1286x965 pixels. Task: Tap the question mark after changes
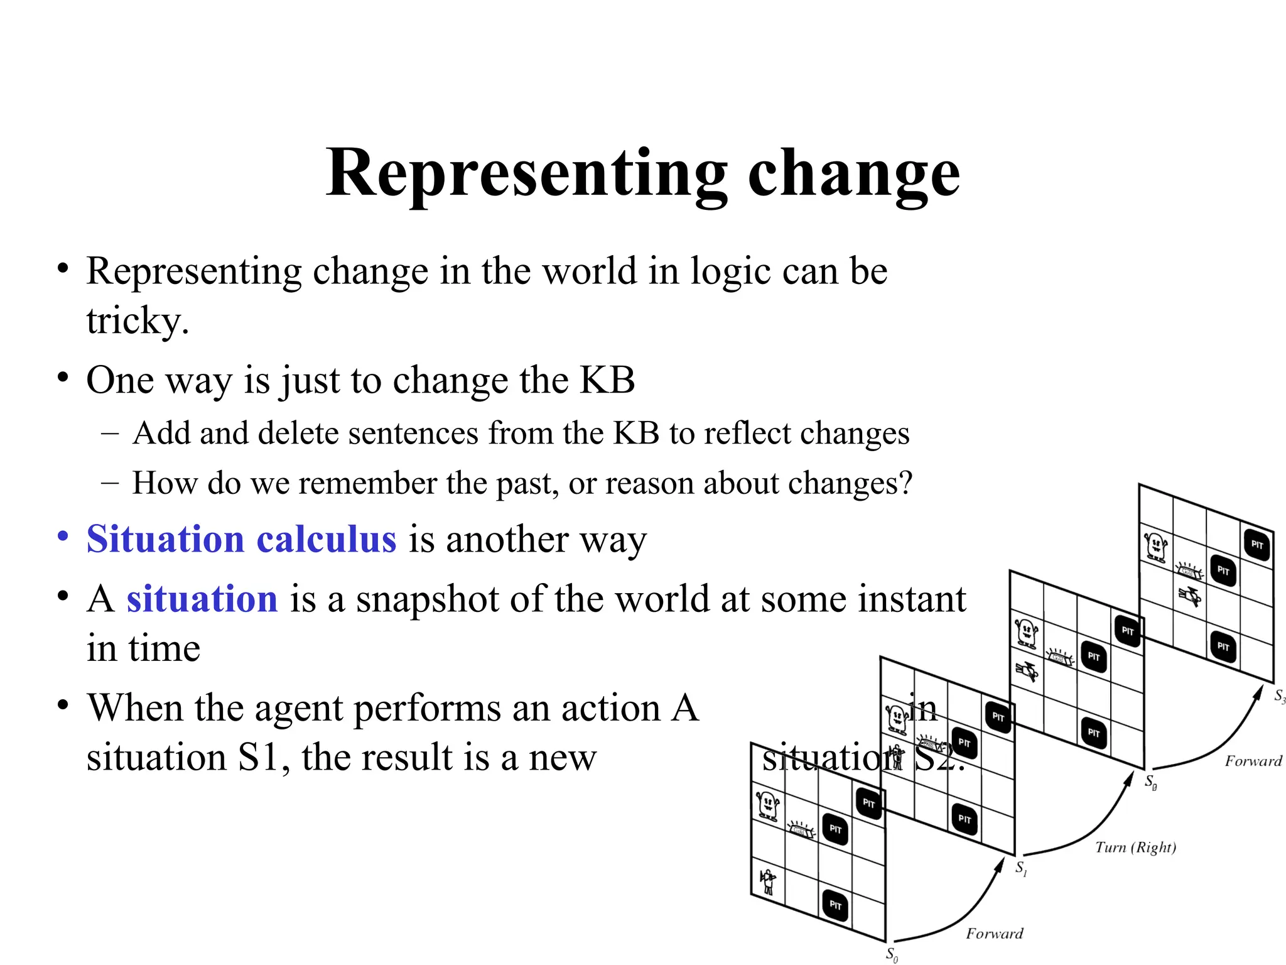coord(905,484)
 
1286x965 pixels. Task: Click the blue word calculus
coord(326,539)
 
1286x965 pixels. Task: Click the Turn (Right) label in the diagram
coord(1135,847)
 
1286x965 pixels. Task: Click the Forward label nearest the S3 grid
coord(1253,761)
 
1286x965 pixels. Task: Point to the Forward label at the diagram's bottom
coord(994,933)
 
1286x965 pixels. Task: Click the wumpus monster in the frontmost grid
coord(767,805)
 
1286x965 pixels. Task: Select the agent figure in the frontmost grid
coord(767,881)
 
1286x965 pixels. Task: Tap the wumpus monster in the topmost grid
coord(1155,546)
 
